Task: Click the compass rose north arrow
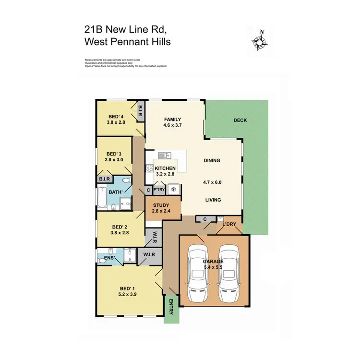261,41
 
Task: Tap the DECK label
240,120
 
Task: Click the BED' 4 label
116,116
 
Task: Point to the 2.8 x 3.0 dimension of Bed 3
114,160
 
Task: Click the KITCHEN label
165,168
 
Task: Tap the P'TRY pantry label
159,190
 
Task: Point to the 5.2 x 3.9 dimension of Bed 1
129,295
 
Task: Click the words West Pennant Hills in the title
127,41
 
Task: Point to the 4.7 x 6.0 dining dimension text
212,182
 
